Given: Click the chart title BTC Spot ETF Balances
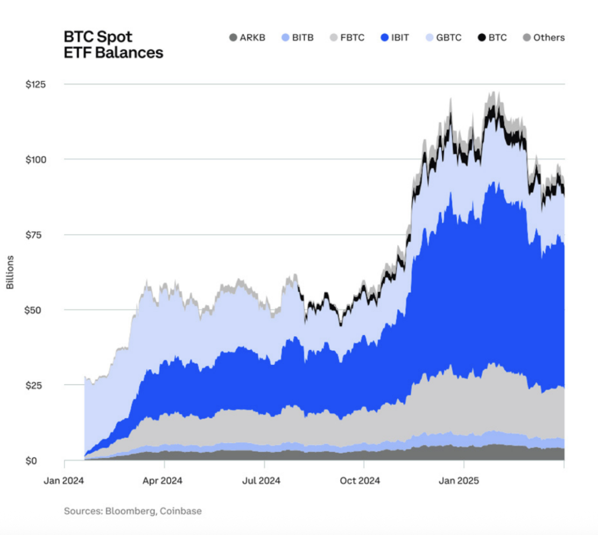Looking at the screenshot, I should (x=113, y=45).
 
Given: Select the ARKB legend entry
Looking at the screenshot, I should (x=247, y=38).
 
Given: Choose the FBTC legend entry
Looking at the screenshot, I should (x=347, y=38).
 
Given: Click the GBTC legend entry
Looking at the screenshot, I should (x=443, y=38).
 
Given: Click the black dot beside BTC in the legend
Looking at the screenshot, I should (x=482, y=38).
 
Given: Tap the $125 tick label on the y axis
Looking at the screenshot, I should (x=36, y=85).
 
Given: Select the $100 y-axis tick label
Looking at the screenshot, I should (x=36, y=160).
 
